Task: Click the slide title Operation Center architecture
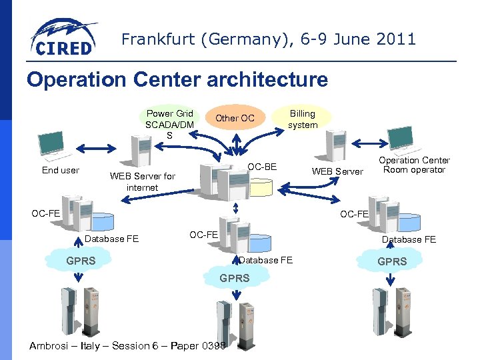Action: click(177, 80)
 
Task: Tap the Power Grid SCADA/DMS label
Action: click(169, 123)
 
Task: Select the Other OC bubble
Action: click(235, 118)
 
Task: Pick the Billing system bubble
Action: click(302, 119)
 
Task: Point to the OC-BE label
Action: click(262, 166)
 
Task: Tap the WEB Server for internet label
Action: click(142, 181)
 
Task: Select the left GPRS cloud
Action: click(81, 261)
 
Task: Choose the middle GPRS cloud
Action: click(234, 277)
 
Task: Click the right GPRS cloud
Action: click(391, 261)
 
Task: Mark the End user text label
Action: click(61, 170)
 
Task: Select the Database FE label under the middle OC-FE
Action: click(266, 260)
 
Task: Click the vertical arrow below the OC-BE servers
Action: click(235, 208)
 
